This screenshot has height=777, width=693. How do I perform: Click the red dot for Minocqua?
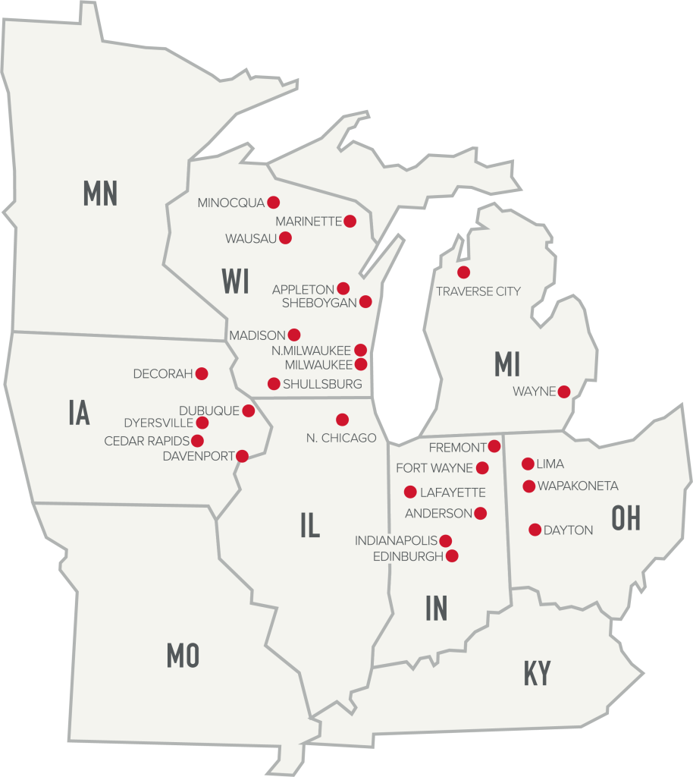[x=274, y=203]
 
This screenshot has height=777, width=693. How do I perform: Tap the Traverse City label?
[x=478, y=291]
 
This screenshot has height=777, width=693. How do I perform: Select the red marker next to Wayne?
[x=564, y=392]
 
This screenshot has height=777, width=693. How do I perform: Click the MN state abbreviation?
[x=100, y=193]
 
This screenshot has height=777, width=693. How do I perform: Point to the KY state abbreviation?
[x=537, y=673]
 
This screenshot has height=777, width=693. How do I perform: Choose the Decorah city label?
[x=163, y=374]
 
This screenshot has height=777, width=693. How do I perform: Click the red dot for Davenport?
[x=242, y=456]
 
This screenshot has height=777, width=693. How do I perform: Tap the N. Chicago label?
[x=341, y=438]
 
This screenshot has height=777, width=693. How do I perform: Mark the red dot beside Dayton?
[x=535, y=530]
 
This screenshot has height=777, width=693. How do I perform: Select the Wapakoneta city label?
[x=578, y=486]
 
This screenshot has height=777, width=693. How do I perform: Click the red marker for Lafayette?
[x=410, y=491]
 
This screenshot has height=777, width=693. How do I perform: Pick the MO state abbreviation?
[x=183, y=655]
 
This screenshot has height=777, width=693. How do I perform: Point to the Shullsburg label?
[x=322, y=384]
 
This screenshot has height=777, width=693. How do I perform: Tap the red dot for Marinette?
[x=350, y=222]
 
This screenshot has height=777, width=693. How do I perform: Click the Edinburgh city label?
[x=408, y=556]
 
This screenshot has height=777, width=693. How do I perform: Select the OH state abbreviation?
[x=626, y=518]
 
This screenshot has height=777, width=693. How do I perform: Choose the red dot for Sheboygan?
[x=365, y=302]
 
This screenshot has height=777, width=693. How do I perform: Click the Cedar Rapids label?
[x=147, y=441]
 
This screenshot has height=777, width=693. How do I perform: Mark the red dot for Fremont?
[x=494, y=446]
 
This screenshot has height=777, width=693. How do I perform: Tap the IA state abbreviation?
[x=79, y=414]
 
